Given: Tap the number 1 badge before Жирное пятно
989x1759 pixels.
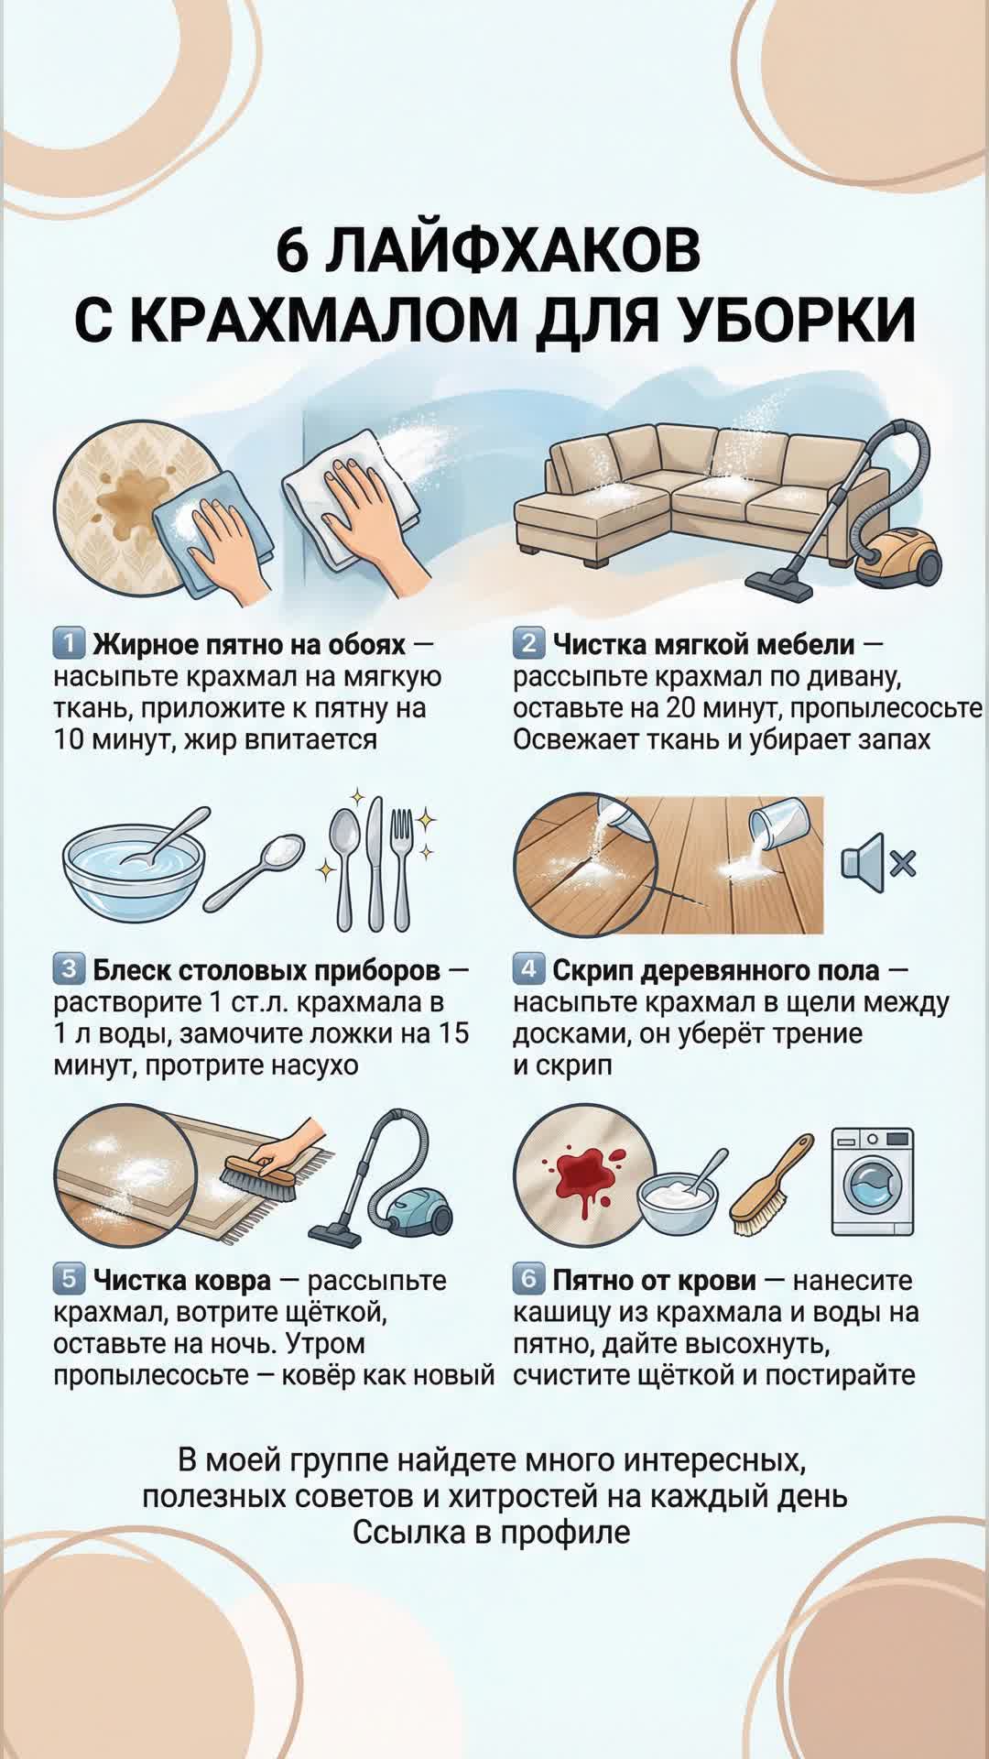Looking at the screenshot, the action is pos(69,643).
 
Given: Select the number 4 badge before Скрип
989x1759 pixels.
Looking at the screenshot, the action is pos(528,968).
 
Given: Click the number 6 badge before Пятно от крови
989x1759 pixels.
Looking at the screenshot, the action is pos(528,1279).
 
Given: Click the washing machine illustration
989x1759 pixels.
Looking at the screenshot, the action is pos(873,1181).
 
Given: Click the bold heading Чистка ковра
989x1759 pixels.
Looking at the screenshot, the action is pos(181,1280).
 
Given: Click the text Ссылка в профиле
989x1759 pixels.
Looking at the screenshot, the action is pos(492,1532).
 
